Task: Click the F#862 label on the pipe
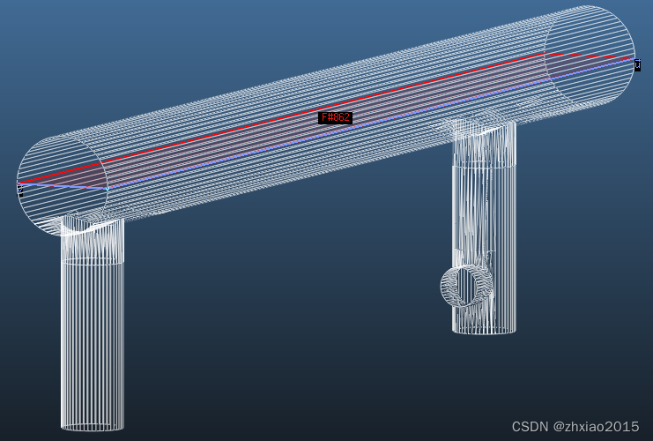pos(335,117)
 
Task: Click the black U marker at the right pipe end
pos(637,64)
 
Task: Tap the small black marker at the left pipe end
pos(19,188)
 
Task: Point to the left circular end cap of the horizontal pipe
pos(62,185)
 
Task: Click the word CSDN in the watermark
pos(530,427)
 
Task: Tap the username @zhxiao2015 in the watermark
pos(596,427)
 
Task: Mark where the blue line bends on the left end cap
pos(107,188)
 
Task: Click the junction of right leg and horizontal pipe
pos(482,128)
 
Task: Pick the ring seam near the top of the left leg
pos(93,261)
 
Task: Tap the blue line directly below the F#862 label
pos(335,134)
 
